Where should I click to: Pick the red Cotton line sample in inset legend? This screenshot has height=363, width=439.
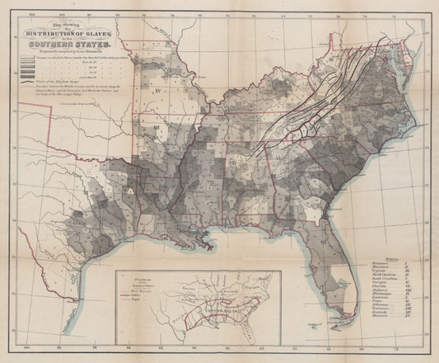coord(124,296)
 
